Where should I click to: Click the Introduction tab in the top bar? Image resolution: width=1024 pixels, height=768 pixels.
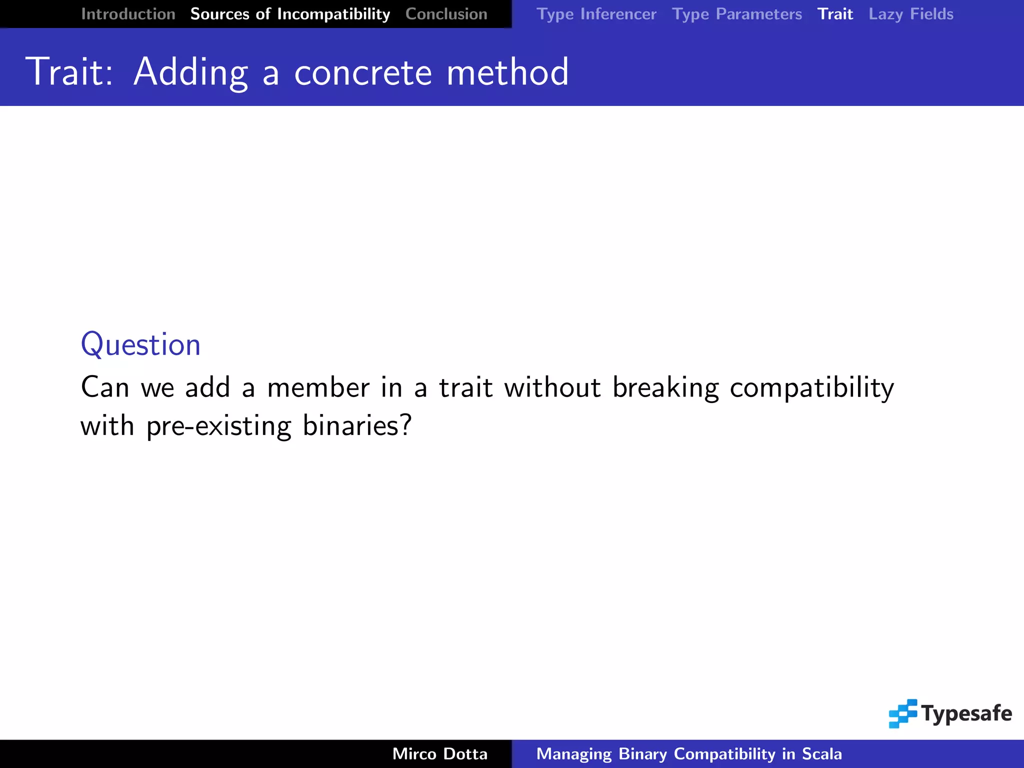(x=128, y=14)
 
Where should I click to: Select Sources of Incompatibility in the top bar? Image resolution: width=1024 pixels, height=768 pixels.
(x=290, y=14)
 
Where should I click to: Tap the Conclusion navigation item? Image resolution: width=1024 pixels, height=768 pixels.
(x=446, y=14)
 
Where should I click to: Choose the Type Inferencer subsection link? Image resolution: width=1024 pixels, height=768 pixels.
(x=596, y=14)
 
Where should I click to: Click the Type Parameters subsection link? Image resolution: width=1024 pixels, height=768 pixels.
(x=736, y=14)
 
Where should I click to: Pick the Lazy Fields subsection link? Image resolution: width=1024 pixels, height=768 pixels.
(x=910, y=14)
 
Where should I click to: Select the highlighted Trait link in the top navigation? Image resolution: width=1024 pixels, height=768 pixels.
(x=835, y=14)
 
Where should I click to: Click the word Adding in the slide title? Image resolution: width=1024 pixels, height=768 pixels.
(x=190, y=72)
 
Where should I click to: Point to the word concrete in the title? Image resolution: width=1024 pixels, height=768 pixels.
(x=362, y=72)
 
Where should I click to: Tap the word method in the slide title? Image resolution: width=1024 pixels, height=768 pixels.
(x=507, y=72)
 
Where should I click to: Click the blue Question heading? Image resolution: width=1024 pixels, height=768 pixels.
(x=140, y=344)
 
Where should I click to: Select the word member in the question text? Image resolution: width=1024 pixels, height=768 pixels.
(x=318, y=387)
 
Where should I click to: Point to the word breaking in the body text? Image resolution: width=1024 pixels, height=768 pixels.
(x=665, y=388)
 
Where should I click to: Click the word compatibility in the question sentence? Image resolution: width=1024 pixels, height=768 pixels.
(x=811, y=388)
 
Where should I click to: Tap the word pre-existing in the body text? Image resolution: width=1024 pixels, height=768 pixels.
(x=218, y=426)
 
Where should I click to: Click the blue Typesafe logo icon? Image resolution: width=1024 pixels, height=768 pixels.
(x=902, y=713)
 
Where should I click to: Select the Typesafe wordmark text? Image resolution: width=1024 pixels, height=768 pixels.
(x=966, y=713)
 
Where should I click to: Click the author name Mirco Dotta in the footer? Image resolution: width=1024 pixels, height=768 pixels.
(x=439, y=754)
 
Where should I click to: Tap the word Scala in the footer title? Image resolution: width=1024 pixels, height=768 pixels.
(x=821, y=754)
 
